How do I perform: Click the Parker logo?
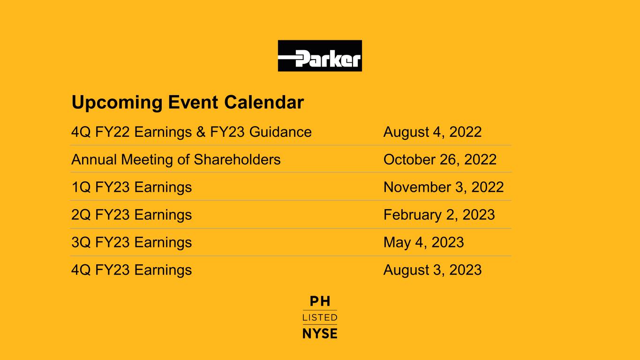[320, 56]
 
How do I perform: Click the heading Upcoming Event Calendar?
[188, 103]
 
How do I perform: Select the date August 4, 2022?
[432, 132]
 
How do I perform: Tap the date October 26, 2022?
[440, 159]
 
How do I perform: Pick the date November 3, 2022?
[444, 187]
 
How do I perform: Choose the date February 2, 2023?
[439, 215]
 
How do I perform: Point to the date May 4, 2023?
[423, 242]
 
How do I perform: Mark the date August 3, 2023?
[432, 270]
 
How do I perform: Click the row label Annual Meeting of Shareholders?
[176, 159]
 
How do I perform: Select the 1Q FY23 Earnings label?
[132, 187]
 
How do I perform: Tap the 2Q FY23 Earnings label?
[132, 215]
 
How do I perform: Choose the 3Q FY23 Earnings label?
[132, 242]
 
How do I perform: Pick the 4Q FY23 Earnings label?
[132, 270]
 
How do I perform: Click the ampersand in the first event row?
[201, 132]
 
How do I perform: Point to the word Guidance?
[280, 132]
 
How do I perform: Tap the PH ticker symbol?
[320, 301]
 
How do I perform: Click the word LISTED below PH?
[320, 317]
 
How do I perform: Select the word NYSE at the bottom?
[320, 333]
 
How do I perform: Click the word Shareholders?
[237, 159]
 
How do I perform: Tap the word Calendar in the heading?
[264, 102]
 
